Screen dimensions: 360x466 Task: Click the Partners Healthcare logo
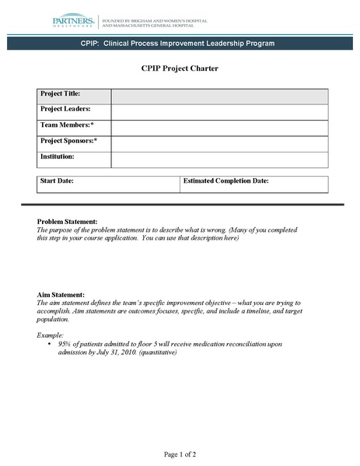click(75, 22)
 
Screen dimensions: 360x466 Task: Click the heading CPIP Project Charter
click(180, 68)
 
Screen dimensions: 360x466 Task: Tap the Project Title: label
click(60, 93)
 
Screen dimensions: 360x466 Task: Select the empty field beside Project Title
click(219, 96)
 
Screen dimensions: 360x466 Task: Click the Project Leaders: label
click(65, 109)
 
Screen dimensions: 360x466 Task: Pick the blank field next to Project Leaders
click(219, 112)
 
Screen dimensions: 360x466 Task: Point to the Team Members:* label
click(67, 124)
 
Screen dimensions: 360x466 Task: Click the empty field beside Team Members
click(219, 128)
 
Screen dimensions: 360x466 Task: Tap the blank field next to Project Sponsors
click(219, 144)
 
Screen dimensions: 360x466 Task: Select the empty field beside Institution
click(219, 159)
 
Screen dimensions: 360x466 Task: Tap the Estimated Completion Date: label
click(226, 180)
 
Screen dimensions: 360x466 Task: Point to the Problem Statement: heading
click(68, 222)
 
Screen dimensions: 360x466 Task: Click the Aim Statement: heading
click(61, 295)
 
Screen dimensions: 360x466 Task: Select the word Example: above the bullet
click(51, 334)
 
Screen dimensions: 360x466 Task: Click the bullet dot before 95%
click(50, 343)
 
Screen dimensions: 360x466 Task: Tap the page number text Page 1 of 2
click(180, 454)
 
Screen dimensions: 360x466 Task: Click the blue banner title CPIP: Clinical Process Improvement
click(177, 44)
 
